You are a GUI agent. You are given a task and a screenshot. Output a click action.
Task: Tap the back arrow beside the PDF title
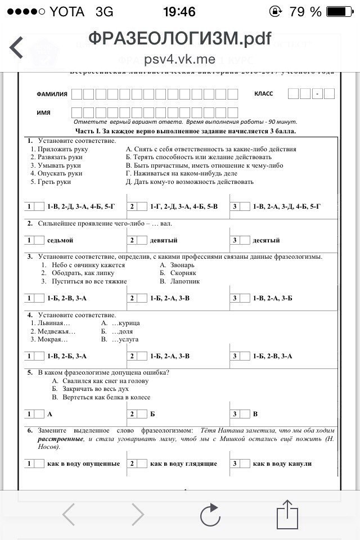16,47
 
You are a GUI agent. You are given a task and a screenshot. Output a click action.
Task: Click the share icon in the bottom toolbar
287,513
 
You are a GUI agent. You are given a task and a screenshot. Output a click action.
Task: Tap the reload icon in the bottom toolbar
210,514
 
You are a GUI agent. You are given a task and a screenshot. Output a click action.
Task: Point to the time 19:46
179,11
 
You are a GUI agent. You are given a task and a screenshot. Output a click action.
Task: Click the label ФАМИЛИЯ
52,94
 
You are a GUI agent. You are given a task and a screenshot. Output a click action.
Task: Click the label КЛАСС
264,93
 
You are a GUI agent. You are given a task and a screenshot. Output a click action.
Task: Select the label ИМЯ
44,112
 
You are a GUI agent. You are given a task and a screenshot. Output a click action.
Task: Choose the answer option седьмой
60,241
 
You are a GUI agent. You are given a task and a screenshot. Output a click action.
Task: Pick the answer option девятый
164,241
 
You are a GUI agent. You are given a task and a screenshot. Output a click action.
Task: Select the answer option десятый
266,241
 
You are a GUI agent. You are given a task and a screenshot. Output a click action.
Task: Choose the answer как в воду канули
282,464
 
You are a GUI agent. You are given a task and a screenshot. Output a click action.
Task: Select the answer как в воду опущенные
84,464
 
